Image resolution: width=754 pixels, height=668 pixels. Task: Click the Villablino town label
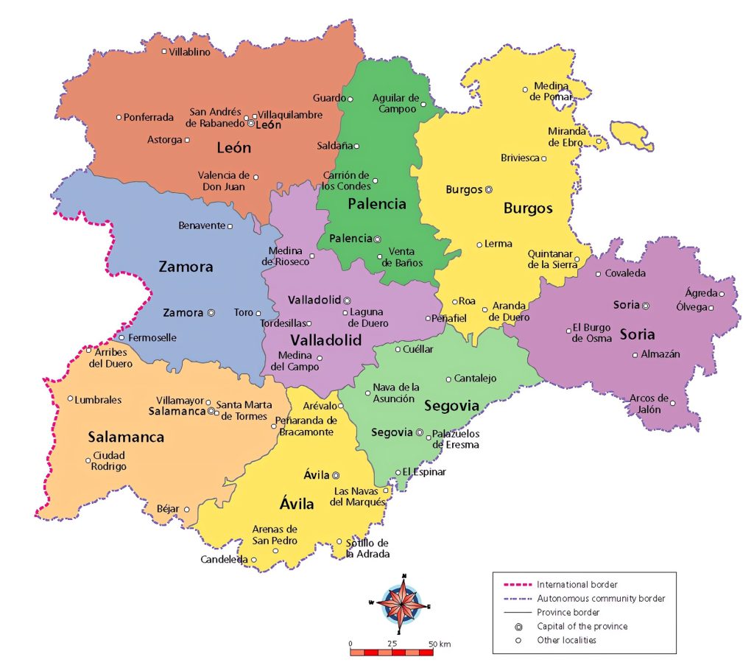189,52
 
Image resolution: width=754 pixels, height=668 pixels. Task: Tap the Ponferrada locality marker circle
119,117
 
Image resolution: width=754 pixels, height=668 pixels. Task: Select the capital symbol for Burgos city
489,189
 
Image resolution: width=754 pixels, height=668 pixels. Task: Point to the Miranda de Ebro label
567,137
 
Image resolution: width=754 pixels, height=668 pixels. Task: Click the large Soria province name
637,334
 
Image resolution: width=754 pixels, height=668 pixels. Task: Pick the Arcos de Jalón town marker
672,403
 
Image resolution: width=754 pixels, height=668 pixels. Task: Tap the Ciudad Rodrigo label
108,461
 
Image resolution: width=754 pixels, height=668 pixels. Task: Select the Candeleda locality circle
254,560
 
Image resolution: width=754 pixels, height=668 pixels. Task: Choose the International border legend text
577,585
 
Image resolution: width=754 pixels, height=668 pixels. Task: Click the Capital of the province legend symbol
518,627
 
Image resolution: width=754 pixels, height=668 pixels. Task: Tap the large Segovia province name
451,406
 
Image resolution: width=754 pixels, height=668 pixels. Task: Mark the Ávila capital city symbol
336,475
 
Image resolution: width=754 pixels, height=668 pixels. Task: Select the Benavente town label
201,225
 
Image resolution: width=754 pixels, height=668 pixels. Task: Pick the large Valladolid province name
325,340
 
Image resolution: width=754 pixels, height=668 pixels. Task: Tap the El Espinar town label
425,472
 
